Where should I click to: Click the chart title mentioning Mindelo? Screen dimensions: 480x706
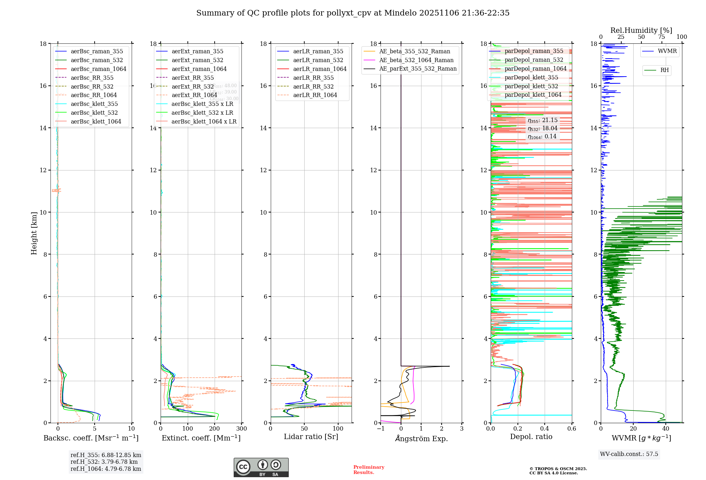353,13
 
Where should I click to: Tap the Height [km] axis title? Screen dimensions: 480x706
34,233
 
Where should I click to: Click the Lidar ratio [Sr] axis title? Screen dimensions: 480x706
311,437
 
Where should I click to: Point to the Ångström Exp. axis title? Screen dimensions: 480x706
421,438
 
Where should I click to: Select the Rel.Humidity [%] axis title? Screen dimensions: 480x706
641,30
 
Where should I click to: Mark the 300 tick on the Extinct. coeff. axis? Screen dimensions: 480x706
242,428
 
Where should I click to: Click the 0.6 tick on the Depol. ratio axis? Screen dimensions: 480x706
572,428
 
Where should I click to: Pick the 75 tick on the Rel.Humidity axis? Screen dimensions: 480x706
662,37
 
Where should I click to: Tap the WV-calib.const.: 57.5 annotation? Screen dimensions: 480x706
629,454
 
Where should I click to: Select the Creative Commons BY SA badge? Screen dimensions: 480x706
261,467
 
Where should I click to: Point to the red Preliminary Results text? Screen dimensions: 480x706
369,469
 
